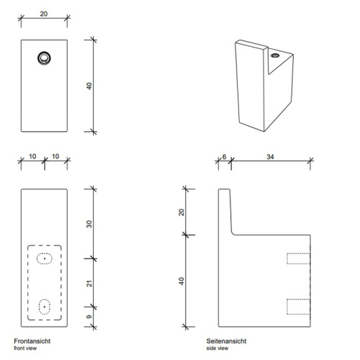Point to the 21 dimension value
click(x=89, y=282)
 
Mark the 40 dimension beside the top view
click(x=89, y=85)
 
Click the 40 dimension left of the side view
click(x=181, y=279)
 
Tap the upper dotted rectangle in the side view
click(x=298, y=258)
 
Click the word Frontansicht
click(x=32, y=340)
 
